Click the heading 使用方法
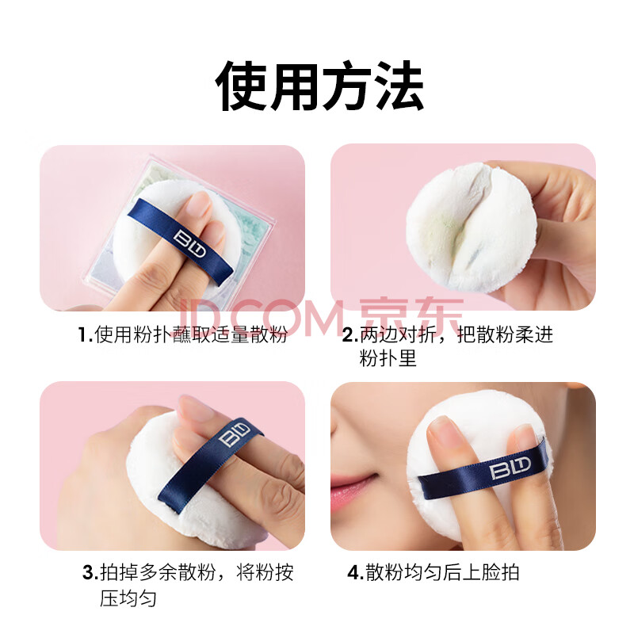[319, 86]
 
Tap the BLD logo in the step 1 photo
[189, 244]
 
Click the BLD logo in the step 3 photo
[234, 433]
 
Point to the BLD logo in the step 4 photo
[510, 468]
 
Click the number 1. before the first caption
[86, 334]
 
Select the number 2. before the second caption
[350, 334]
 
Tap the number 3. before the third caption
[90, 572]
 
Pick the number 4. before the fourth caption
[356, 572]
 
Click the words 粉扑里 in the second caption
[388, 358]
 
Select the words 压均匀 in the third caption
[128, 598]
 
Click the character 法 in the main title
[398, 86]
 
